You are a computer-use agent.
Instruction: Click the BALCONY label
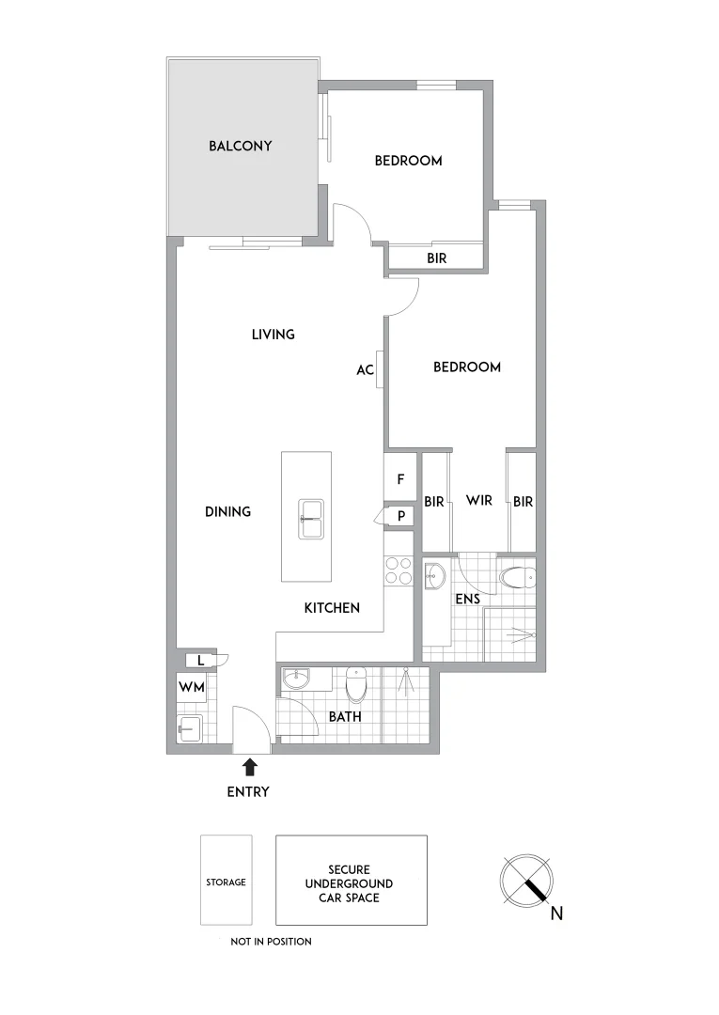241,146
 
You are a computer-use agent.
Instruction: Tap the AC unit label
365,370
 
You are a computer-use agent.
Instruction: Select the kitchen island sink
311,519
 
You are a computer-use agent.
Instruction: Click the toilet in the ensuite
515,575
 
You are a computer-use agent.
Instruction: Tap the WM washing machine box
191,687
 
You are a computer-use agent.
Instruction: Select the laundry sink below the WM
189,728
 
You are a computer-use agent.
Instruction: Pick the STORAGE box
227,882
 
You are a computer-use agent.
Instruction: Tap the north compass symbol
527,881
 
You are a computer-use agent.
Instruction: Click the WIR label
479,501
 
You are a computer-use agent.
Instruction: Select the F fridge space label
400,479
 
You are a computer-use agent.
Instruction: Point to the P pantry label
401,516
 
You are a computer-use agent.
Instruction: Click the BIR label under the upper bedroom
436,258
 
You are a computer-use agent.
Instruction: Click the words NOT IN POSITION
271,941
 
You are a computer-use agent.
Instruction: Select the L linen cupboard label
200,661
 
